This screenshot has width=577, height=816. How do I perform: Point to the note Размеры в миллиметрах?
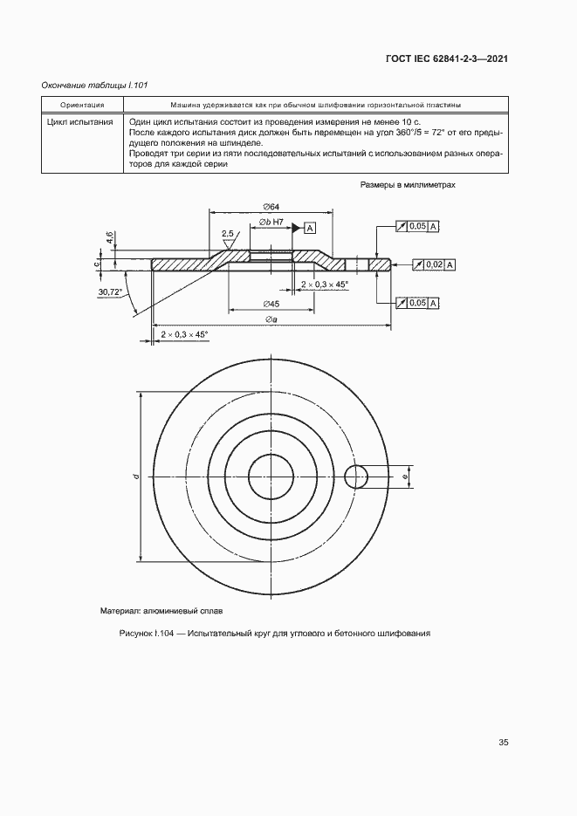click(408, 186)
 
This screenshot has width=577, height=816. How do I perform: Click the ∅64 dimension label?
click(270, 206)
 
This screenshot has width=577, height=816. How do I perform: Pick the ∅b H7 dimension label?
click(272, 224)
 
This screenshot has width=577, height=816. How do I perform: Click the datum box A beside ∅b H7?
click(310, 227)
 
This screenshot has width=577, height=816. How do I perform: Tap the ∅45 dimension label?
click(271, 304)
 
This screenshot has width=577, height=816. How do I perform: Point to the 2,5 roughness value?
click(228, 234)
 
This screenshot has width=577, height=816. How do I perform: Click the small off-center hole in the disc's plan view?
click(357, 477)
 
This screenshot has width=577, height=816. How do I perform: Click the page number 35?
click(503, 743)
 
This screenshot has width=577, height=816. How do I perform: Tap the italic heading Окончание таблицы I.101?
click(95, 85)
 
